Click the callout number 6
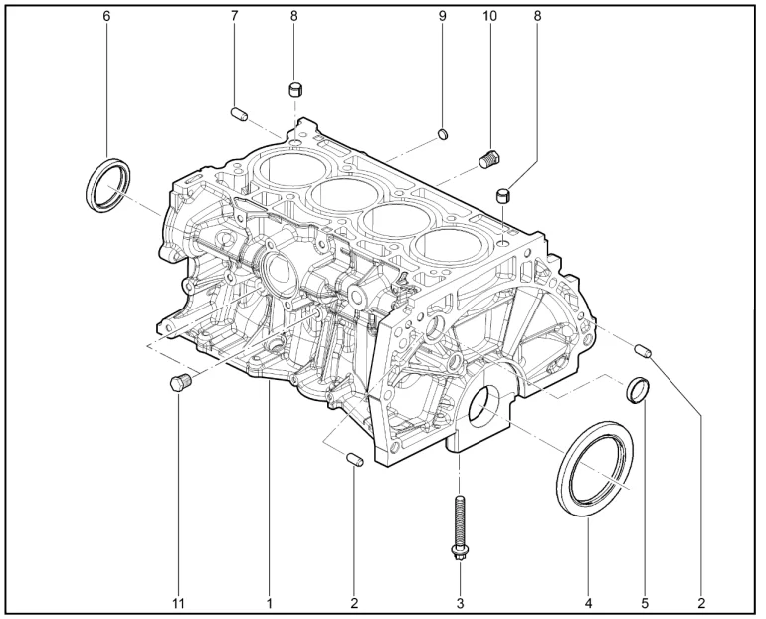click(106, 16)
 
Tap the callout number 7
click(234, 16)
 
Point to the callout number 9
click(442, 16)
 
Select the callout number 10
click(490, 16)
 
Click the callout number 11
click(178, 604)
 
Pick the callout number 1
click(269, 604)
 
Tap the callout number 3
click(460, 604)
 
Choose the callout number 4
click(588, 604)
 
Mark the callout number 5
click(645, 604)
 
